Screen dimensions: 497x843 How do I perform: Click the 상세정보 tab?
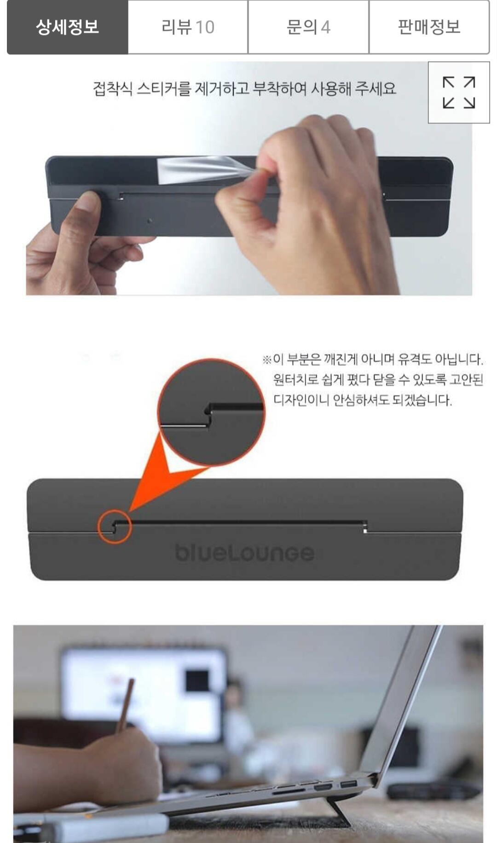point(67,27)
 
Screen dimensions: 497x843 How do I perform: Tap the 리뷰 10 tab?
point(188,27)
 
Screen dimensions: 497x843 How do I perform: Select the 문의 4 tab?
point(308,27)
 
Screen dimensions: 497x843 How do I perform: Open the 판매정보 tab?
point(429,27)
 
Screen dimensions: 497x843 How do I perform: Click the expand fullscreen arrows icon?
point(459,93)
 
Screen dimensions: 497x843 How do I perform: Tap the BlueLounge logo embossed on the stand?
point(244,552)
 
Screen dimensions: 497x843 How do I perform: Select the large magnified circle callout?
point(211,412)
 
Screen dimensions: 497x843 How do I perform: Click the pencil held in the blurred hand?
point(125,704)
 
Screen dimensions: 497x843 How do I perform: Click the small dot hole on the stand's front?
point(150,221)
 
